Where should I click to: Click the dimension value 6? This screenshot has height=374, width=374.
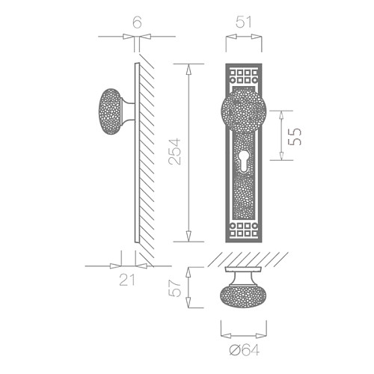pos(137,22)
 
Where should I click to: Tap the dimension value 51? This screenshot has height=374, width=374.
pos(244,22)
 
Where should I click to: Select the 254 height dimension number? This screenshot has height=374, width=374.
pos(174,152)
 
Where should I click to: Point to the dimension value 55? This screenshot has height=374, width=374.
pos(295,136)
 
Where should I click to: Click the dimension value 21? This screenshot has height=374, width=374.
pos(127,280)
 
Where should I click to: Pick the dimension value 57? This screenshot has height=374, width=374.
pos(174,289)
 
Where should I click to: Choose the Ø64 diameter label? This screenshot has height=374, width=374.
pos(245,350)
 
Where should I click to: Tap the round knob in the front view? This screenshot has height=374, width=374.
pos(244,111)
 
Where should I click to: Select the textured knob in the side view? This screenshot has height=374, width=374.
pos(110,111)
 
